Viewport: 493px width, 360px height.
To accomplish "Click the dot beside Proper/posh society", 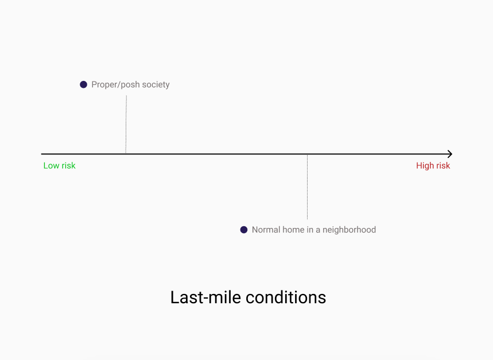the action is click(83, 84).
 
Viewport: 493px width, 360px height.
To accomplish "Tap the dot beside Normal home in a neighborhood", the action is click(244, 230).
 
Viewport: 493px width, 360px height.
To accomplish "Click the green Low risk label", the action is click(60, 166).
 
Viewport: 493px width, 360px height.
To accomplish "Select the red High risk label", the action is click(433, 166).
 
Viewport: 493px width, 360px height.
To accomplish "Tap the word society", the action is click(156, 85).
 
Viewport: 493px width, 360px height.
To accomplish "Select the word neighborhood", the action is click(350, 230).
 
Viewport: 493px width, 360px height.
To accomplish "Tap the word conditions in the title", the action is click(286, 297).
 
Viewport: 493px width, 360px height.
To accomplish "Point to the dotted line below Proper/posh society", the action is click(126, 125).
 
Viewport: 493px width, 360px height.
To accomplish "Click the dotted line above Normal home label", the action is click(307, 187).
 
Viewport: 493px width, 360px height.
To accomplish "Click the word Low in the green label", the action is click(51, 166).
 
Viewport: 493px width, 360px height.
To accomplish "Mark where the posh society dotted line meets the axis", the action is click(126, 154).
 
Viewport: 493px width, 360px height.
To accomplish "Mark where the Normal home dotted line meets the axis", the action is click(307, 154).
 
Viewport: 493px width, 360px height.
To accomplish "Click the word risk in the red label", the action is click(443, 166).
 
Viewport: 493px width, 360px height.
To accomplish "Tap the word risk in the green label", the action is click(68, 166).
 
